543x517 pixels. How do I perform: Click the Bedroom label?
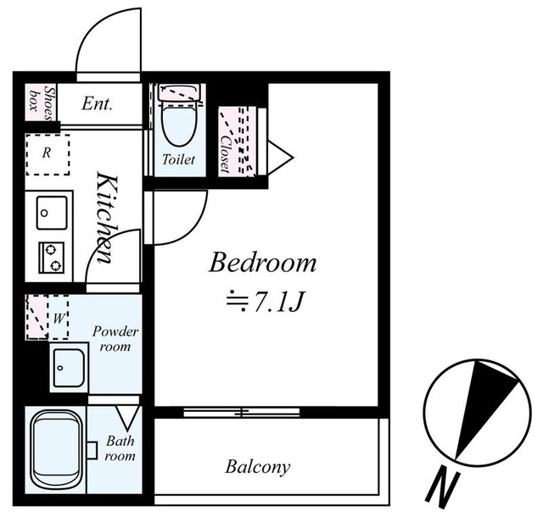pyautogui.click(x=262, y=263)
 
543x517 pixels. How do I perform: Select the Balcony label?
pyautogui.click(x=258, y=467)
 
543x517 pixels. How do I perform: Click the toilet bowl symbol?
pyautogui.click(x=179, y=124)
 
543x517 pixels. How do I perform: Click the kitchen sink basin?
pyautogui.click(x=52, y=213)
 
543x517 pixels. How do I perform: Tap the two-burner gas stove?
pyautogui.click(x=52, y=258)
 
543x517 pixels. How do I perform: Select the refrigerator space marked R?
pyautogui.click(x=48, y=155)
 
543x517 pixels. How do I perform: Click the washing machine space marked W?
pyautogui.click(x=58, y=317)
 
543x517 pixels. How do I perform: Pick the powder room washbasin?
pyautogui.click(x=69, y=367)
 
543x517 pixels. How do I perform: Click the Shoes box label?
pyautogui.click(x=42, y=103)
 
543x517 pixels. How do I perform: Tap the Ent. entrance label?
pyautogui.click(x=97, y=103)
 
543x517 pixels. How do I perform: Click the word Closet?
pyautogui.click(x=226, y=153)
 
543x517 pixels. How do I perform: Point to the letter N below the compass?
pyautogui.click(x=443, y=490)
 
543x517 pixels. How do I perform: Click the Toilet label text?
pyautogui.click(x=179, y=159)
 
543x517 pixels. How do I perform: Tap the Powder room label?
pyautogui.click(x=115, y=339)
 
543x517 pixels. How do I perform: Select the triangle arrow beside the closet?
pyautogui.click(x=280, y=158)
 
